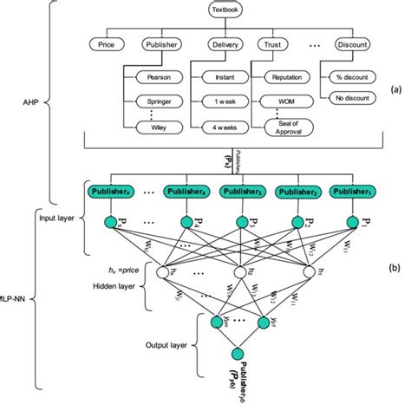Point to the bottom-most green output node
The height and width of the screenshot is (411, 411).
pyautogui.click(x=236, y=353)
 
